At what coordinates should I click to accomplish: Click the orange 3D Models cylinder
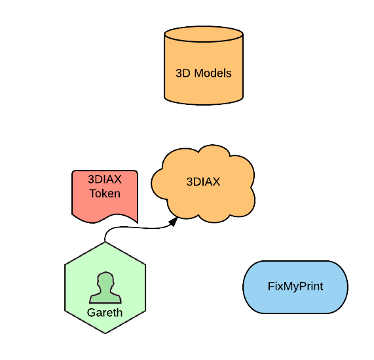click(x=204, y=66)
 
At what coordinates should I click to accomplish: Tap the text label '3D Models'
click(x=204, y=73)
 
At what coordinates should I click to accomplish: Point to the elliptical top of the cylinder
click(x=204, y=34)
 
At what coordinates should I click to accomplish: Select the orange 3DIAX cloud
click(x=203, y=184)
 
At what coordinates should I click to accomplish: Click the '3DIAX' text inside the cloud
click(x=203, y=182)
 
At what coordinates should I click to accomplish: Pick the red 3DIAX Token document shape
click(x=105, y=197)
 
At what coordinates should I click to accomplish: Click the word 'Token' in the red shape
click(x=105, y=193)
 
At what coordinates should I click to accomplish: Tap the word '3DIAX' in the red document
click(x=105, y=179)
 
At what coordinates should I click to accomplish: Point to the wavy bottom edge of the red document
click(x=105, y=218)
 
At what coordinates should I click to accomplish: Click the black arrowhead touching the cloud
click(x=174, y=222)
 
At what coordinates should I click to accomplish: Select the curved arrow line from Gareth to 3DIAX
click(x=138, y=228)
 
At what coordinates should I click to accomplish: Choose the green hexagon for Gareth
click(x=105, y=287)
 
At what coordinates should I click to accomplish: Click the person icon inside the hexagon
click(x=105, y=288)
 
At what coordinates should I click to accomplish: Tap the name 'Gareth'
click(x=105, y=313)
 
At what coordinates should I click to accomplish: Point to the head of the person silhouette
click(x=105, y=281)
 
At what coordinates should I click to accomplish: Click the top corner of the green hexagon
click(x=105, y=242)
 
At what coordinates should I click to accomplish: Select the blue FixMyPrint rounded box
click(x=295, y=287)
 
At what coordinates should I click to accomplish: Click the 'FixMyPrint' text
click(x=295, y=287)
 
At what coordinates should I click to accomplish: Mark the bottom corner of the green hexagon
click(x=105, y=333)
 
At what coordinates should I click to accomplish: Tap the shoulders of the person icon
click(x=105, y=298)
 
